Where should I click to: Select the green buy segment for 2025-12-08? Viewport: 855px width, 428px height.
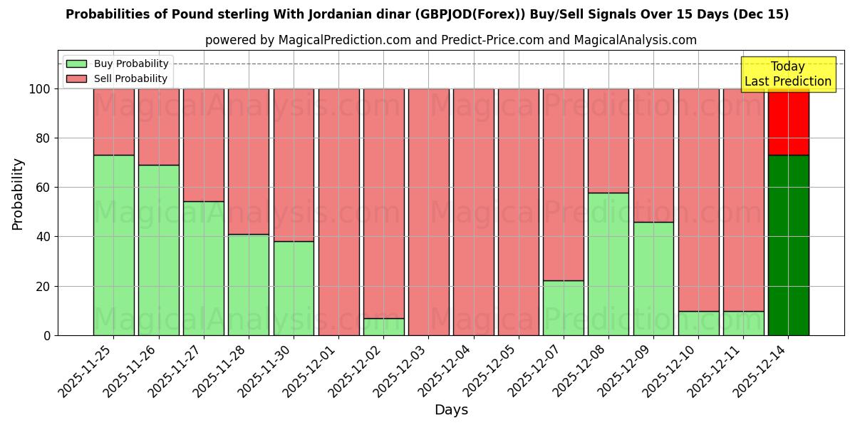(x=608, y=264)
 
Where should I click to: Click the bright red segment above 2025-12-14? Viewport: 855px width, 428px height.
(x=789, y=122)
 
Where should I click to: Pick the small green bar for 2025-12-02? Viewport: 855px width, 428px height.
(x=383, y=327)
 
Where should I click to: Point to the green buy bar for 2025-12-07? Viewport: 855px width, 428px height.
(x=564, y=307)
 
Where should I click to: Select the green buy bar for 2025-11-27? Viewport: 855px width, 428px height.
(x=203, y=268)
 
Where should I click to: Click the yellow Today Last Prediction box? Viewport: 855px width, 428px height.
(x=787, y=74)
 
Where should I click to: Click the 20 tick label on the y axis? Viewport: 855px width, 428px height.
(x=43, y=286)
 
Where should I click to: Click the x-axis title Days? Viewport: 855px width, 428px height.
(x=451, y=410)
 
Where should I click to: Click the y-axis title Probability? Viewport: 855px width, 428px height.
(x=18, y=194)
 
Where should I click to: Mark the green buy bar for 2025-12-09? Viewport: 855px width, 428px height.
(x=653, y=278)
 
